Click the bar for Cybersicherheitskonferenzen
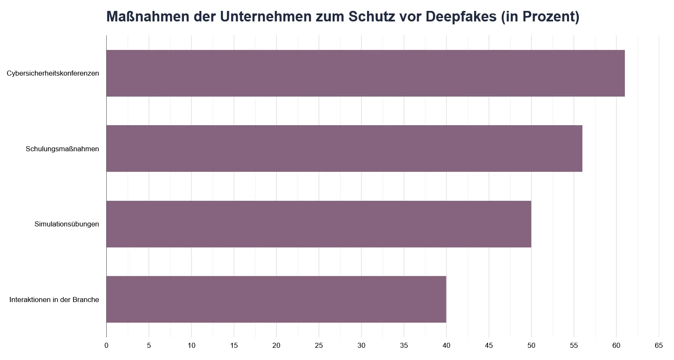[365, 73]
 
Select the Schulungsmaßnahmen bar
[344, 148]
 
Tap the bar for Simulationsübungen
[319, 224]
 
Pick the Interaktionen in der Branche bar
[276, 299]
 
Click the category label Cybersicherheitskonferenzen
[53, 74]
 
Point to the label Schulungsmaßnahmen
[62, 149]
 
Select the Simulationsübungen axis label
[67, 224]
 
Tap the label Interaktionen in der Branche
[54, 300]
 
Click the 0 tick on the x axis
[106, 346]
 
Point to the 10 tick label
[191, 346]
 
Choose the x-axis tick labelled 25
[319, 346]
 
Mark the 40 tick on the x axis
[446, 346]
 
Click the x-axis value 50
[531, 346]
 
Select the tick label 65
[659, 346]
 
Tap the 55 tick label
[574, 346]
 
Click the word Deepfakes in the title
[461, 17]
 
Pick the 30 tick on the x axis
[361, 346]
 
